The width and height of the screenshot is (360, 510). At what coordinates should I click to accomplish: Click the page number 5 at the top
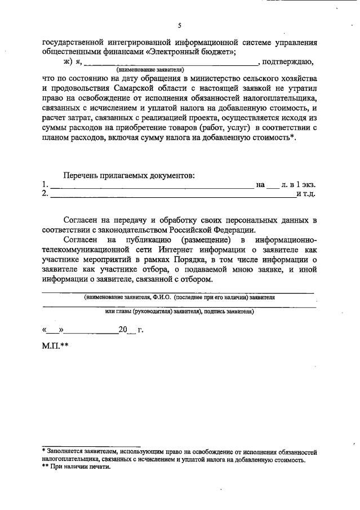[180, 26]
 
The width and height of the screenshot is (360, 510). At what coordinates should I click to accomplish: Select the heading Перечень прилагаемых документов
[129, 175]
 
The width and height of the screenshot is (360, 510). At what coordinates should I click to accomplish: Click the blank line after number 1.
[152, 185]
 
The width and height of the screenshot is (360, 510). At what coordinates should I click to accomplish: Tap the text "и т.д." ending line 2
[305, 194]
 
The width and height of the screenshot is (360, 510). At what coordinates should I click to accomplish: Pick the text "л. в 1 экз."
[298, 185]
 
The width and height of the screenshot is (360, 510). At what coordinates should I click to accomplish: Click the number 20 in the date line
[123, 330]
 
